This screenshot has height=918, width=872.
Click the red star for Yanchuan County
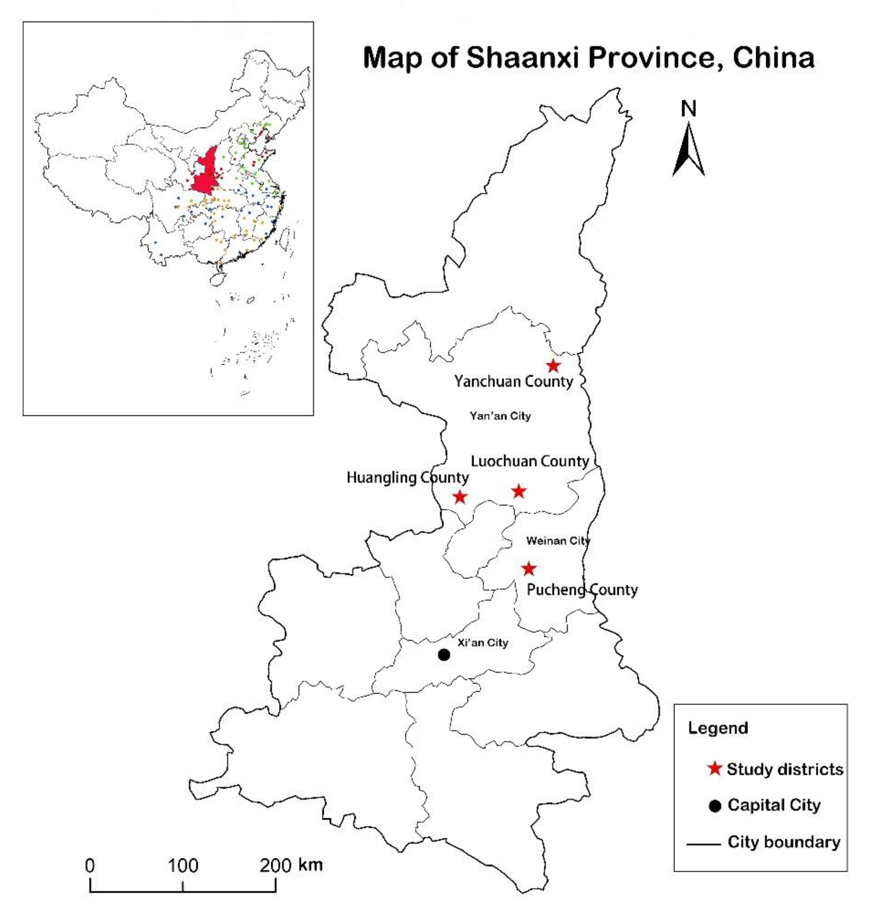[x=553, y=366]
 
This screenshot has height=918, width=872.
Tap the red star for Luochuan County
[x=519, y=491]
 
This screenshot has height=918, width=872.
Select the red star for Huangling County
[x=460, y=497]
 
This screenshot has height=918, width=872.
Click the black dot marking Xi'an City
[x=444, y=655]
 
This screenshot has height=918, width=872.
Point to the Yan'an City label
[x=500, y=416]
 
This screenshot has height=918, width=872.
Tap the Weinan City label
[x=558, y=541]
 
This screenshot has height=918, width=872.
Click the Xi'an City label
[x=483, y=643]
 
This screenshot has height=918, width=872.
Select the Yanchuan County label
[x=514, y=381]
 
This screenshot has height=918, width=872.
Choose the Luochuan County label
[x=530, y=461]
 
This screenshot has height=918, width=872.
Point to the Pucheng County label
[x=582, y=590]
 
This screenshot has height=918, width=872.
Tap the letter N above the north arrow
[x=688, y=109]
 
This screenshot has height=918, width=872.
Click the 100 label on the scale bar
[x=183, y=865]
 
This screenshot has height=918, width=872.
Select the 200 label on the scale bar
[x=275, y=865]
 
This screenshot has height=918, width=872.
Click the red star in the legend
[x=714, y=769]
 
